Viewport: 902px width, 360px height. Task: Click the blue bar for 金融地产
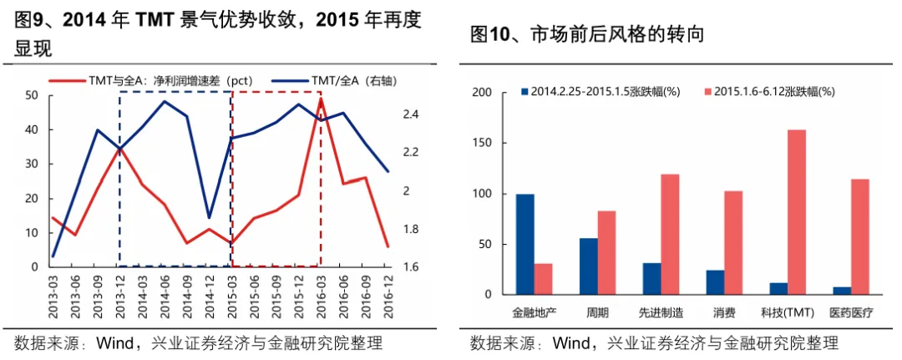coord(525,245)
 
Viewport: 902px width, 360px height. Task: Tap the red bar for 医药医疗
coord(859,237)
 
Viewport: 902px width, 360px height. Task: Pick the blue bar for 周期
coord(589,266)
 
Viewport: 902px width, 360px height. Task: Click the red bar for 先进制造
coord(670,235)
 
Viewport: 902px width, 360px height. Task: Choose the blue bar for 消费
coord(715,282)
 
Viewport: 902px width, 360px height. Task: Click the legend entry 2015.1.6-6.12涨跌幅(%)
coord(770,91)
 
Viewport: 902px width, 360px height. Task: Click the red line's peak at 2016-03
coord(321,99)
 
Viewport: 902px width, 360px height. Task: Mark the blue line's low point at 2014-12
coord(209,218)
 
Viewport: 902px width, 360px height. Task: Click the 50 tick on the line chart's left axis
coord(31,95)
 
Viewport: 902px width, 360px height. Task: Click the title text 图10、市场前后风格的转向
coord(587,34)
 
